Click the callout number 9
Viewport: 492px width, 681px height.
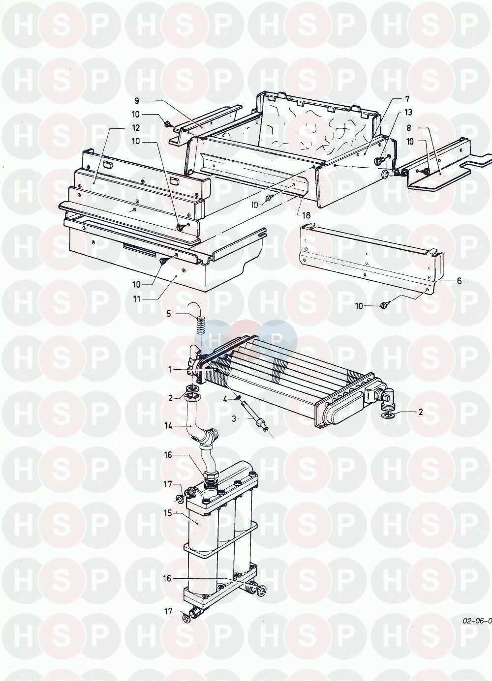pos(137,101)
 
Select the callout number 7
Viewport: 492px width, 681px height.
pos(407,99)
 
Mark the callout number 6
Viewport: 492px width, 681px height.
pos(459,281)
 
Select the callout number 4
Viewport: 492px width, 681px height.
pos(224,399)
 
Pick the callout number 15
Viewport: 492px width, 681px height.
pos(168,512)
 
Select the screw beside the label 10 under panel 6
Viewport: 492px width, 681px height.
pos(384,305)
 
